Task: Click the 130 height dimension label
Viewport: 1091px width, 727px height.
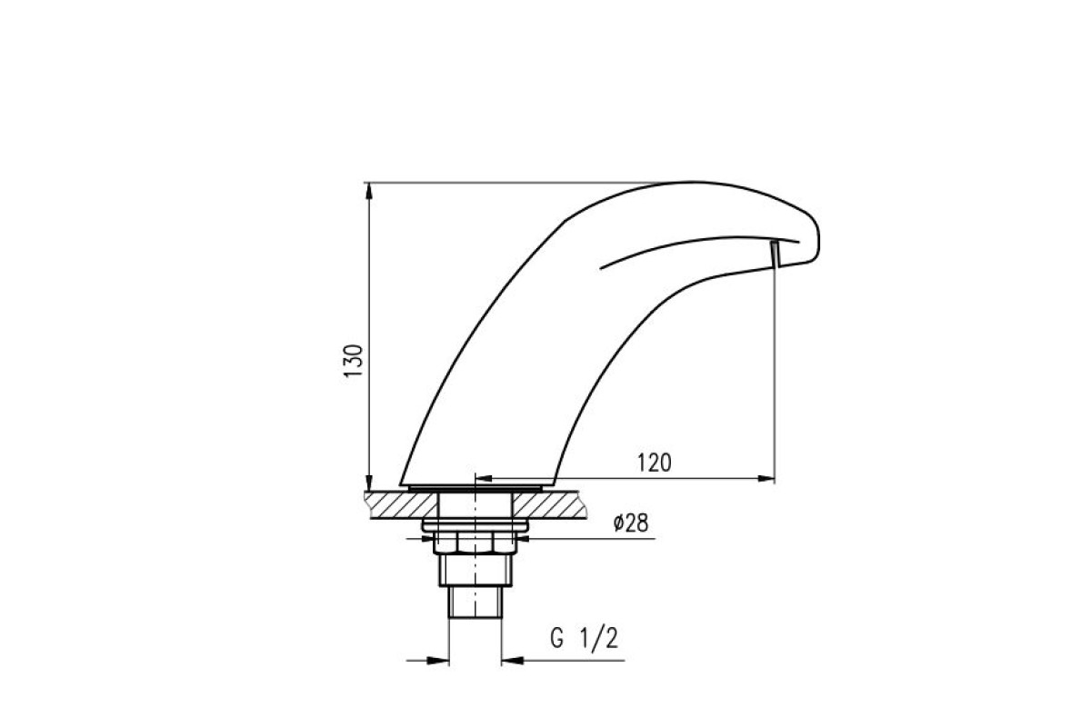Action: click(354, 361)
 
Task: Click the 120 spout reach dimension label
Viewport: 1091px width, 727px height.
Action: click(654, 463)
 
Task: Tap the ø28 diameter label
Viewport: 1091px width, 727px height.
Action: click(631, 523)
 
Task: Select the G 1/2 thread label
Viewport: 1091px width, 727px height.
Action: click(584, 638)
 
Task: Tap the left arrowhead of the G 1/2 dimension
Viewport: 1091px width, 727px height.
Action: click(438, 661)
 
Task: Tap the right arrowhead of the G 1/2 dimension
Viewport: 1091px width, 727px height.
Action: click(512, 661)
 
